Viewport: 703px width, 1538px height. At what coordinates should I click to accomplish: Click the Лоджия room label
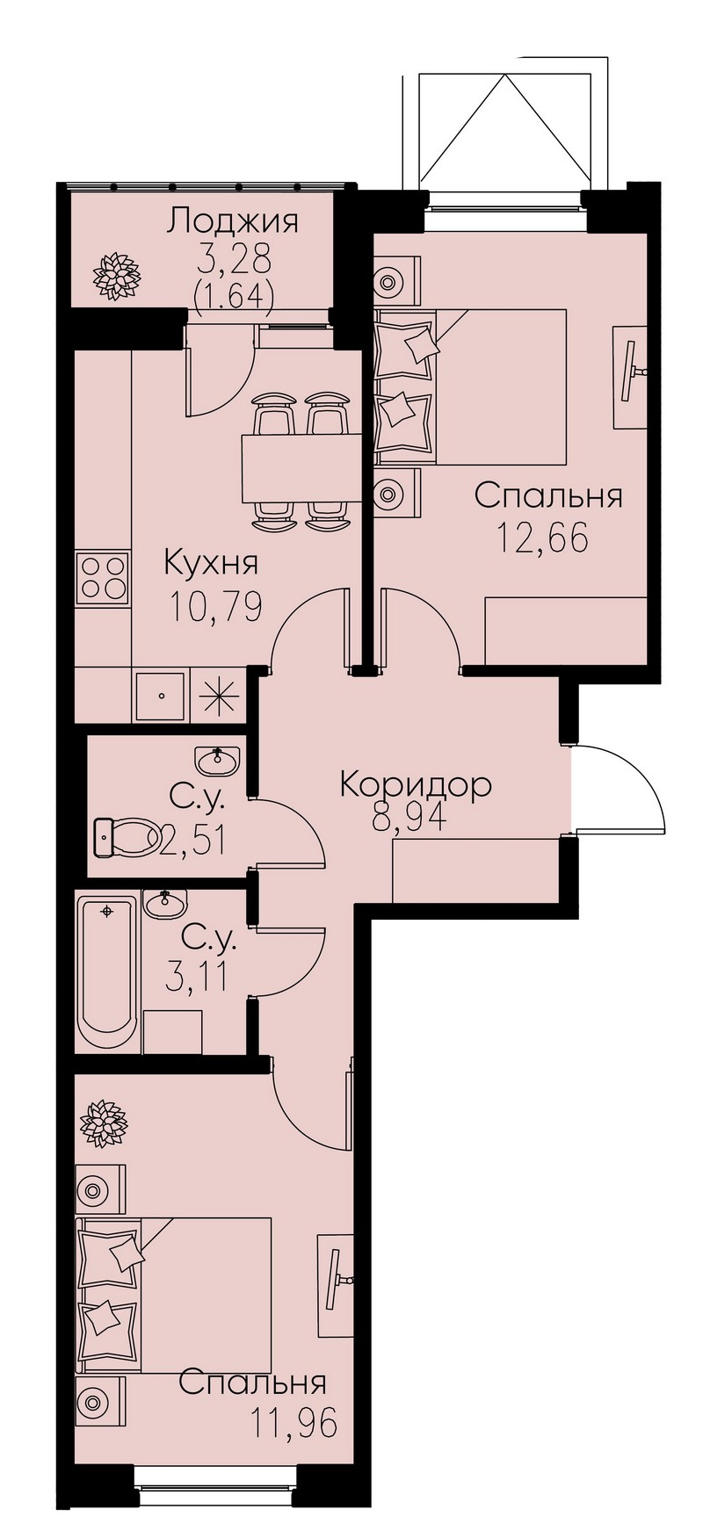coord(234,221)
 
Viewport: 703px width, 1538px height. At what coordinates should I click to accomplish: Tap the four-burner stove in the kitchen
coord(102,577)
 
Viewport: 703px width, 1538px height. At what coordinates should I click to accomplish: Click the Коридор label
coord(415,783)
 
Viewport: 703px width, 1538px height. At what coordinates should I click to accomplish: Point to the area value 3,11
coord(199,976)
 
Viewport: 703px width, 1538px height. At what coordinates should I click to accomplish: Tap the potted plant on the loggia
coord(117,276)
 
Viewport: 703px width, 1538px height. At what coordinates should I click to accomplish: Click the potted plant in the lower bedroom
coord(105,1123)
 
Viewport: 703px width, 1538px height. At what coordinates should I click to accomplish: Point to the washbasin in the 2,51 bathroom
coord(217,759)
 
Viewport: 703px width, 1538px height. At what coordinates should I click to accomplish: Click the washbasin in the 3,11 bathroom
coord(163,903)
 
